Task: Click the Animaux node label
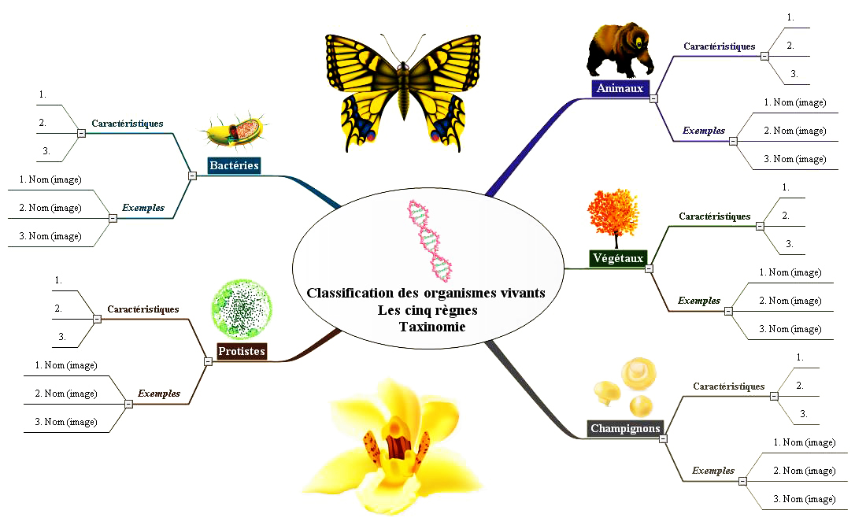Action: tap(620, 88)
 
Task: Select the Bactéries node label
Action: tap(235, 166)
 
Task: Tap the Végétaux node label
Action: tap(618, 258)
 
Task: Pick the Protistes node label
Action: tap(242, 351)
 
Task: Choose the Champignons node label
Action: tap(625, 428)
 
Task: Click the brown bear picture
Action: tap(620, 50)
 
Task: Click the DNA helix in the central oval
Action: tap(430, 240)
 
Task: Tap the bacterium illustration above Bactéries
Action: tap(235, 132)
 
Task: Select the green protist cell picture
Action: tap(242, 309)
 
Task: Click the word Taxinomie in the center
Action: tap(432, 327)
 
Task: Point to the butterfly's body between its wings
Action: tap(404, 90)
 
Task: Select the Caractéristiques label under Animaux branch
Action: tap(720, 46)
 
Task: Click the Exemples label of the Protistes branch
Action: tap(159, 394)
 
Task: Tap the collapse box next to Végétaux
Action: tap(649, 268)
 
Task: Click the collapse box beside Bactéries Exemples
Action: tap(113, 218)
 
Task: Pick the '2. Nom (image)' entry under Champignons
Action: tap(805, 471)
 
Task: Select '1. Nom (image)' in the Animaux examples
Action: tap(795, 102)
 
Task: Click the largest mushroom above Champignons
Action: tap(638, 373)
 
